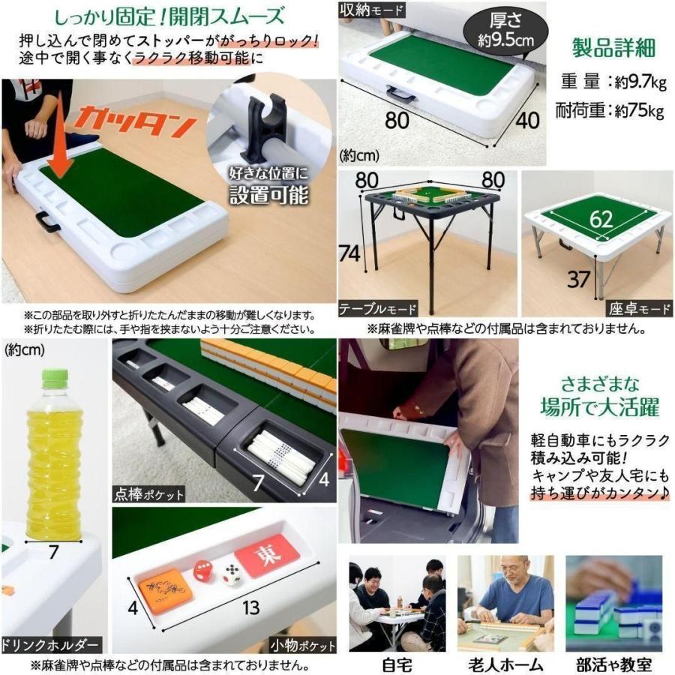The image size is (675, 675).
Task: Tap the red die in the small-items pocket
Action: pyautogui.click(x=203, y=572)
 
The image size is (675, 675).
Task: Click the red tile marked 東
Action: pyautogui.click(x=267, y=556)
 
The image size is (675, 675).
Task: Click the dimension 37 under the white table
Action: pyautogui.click(x=578, y=279)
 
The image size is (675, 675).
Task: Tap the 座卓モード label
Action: pyautogui.click(x=638, y=309)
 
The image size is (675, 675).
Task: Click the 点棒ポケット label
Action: pyautogui.click(x=149, y=493)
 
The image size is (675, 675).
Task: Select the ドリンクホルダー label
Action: pyautogui.click(x=52, y=645)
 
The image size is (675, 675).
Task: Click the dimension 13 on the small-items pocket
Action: pyautogui.click(x=248, y=607)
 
